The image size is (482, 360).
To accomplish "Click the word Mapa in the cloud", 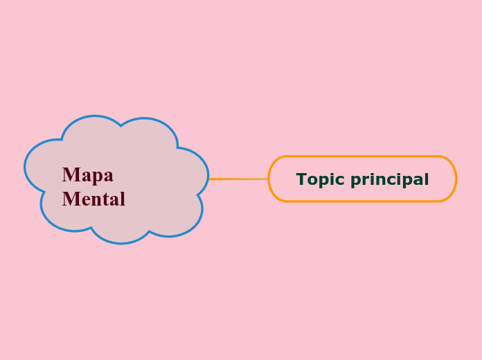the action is pos(87,174).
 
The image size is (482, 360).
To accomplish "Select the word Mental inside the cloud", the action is pos(93,199).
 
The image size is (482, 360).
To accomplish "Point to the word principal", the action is pos(390,180).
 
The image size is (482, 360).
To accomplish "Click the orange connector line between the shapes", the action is pos(238,179).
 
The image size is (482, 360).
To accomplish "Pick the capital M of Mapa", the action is pos(69,174).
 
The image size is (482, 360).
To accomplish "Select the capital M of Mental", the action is pos(69,199).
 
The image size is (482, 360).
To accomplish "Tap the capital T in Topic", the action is pos(301,179).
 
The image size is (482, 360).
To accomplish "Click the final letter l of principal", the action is pos(427,179).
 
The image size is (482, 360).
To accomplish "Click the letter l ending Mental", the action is pos(123,199).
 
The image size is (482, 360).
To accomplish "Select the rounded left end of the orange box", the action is pos(269,179).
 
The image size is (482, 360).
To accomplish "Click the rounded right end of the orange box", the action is pos(456,179).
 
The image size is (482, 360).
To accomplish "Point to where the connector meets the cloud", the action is pos(208,179).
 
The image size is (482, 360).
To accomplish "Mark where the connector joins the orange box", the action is pos(268,179).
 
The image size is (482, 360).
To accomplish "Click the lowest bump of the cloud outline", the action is pos(121,242).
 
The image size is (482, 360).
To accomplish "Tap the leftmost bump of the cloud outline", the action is pos(25,167).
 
